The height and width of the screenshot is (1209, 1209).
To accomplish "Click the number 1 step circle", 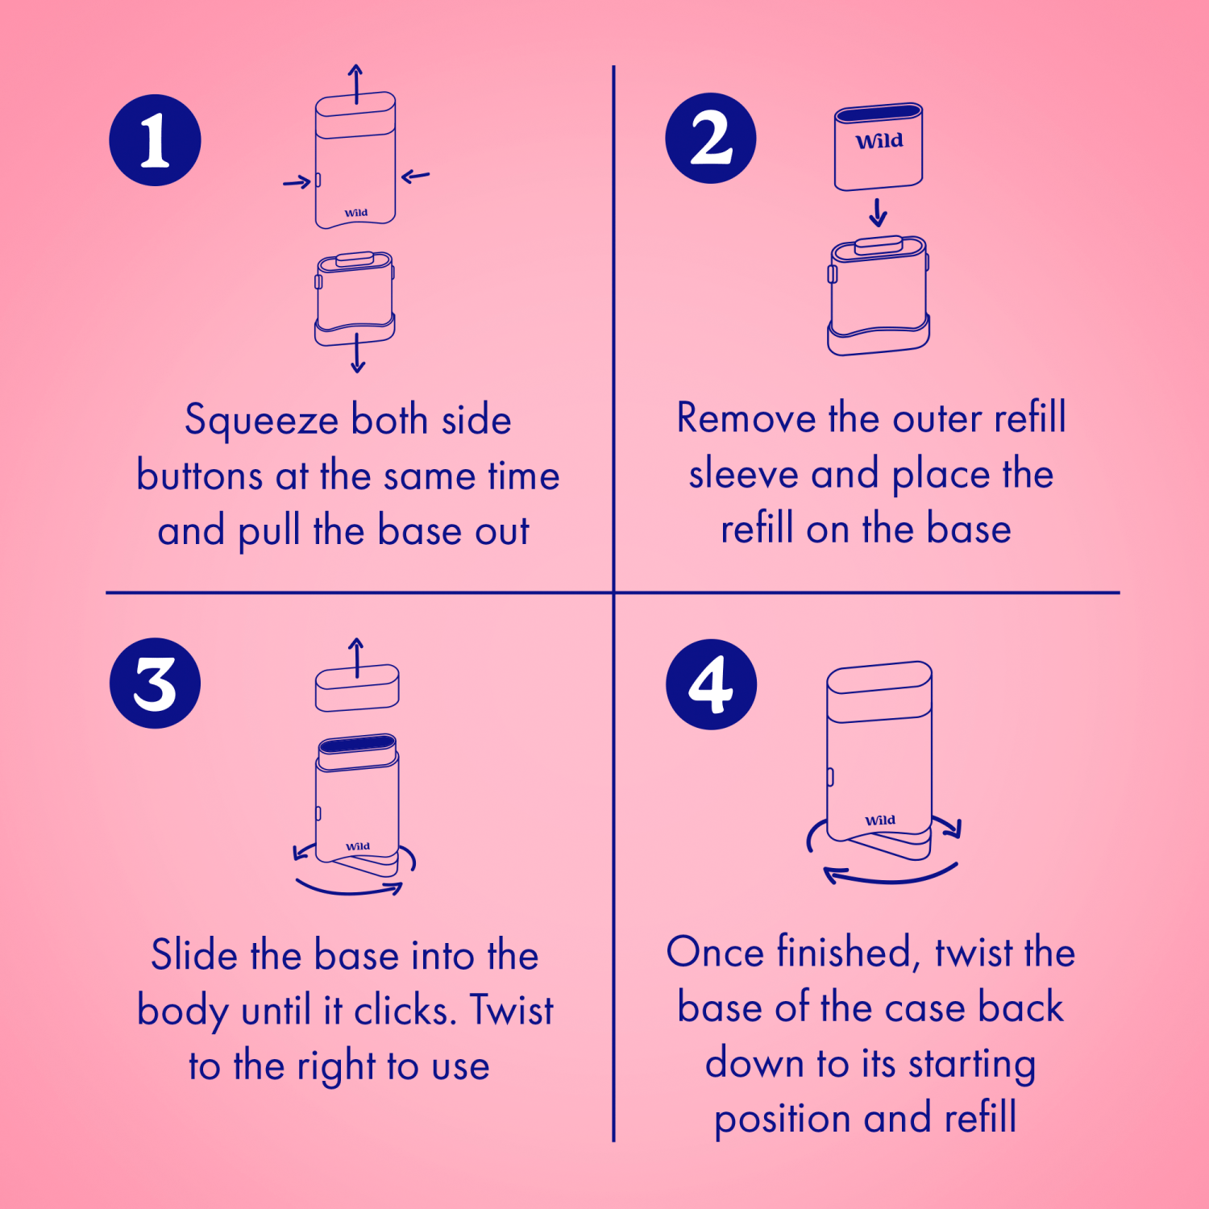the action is tap(155, 140).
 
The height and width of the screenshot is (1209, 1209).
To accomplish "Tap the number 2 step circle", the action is tap(711, 138).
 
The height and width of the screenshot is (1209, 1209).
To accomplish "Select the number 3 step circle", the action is tap(155, 683).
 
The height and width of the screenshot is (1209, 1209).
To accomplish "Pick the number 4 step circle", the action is tap(712, 685).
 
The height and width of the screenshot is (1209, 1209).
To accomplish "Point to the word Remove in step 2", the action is tap(746, 418).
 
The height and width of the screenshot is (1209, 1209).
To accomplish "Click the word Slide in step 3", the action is tap(194, 954).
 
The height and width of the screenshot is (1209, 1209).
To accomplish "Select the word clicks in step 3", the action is tap(405, 1010).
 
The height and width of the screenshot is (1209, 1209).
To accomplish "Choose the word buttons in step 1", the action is tap(200, 476).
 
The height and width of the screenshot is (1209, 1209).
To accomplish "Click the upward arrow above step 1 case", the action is tap(355, 84).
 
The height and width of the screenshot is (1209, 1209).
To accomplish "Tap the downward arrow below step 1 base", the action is tap(358, 354).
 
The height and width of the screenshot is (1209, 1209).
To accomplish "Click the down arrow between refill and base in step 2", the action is tap(878, 213).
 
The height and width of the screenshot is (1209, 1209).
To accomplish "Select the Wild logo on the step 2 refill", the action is tap(879, 141).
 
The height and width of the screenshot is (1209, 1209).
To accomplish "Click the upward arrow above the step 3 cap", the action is tap(356, 658).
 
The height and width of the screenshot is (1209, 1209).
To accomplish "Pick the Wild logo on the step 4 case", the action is tap(880, 821).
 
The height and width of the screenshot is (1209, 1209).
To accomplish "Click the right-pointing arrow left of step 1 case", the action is tap(297, 182).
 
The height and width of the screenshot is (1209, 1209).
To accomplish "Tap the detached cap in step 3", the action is tap(357, 688).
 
